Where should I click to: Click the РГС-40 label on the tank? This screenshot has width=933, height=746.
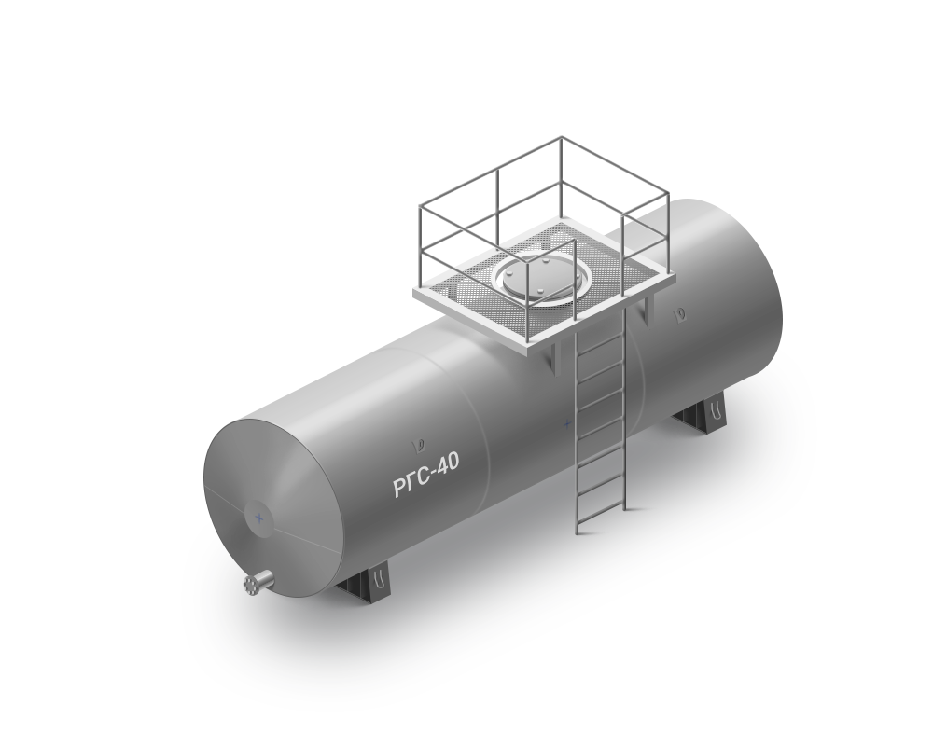[426, 474]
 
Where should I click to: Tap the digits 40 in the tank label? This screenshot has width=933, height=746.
[448, 463]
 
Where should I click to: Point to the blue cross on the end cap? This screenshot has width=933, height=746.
[259, 518]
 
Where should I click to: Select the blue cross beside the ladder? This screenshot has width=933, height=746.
[567, 424]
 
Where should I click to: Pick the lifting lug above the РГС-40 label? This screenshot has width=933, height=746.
[420, 444]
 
